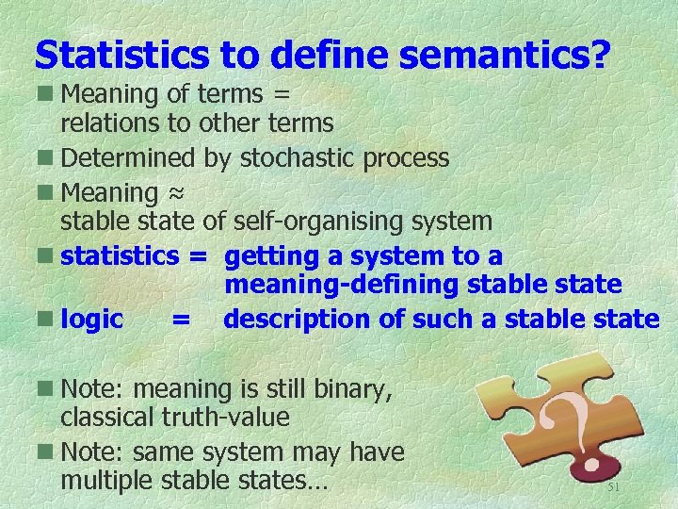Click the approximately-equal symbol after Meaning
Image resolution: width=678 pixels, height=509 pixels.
pos(175,192)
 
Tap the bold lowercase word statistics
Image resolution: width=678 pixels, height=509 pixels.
pos(120,255)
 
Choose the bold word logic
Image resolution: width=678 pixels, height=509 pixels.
pos(91,320)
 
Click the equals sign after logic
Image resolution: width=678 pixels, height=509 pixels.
pos(180,320)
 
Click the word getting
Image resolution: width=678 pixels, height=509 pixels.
pos(272,256)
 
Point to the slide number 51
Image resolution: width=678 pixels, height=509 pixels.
pos(613,487)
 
